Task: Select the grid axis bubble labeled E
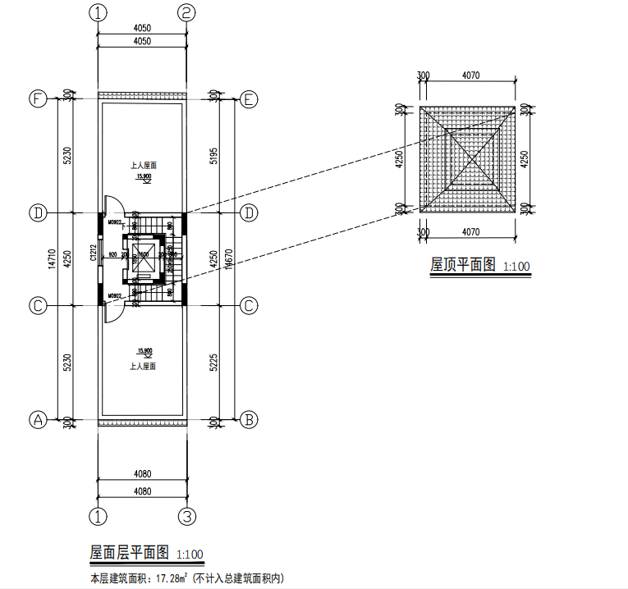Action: click(249, 98)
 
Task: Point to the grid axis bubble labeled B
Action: click(249, 419)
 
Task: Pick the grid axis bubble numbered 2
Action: click(187, 13)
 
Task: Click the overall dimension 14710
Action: click(52, 259)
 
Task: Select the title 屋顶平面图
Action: click(464, 265)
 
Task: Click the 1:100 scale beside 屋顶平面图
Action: click(516, 267)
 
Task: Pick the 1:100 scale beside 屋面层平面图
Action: click(189, 554)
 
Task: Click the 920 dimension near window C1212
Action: click(112, 254)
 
